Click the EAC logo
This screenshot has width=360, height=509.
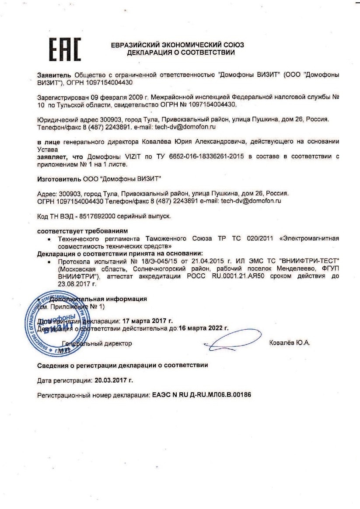(64, 49)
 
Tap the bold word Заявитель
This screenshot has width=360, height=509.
(55, 75)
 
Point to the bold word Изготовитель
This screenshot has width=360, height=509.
(57, 178)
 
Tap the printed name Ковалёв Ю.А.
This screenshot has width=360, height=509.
(290, 343)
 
